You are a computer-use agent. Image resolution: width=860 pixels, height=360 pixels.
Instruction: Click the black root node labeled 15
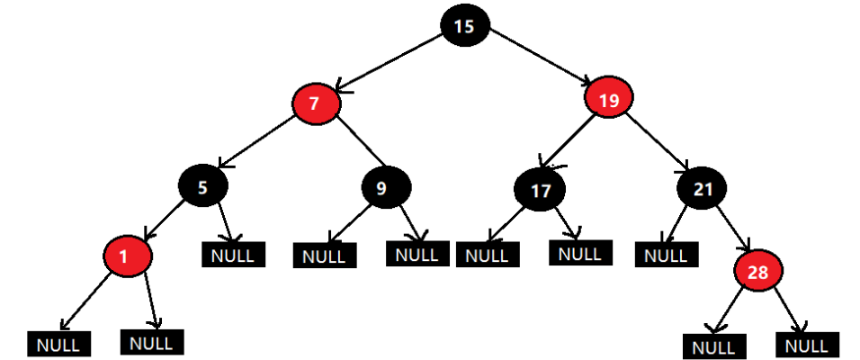point(464,26)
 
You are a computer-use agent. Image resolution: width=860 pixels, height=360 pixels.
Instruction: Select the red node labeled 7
point(315,103)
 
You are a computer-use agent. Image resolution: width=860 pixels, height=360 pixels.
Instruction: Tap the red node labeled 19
point(609,101)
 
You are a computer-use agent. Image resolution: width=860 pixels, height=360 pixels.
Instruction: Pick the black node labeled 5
point(202,187)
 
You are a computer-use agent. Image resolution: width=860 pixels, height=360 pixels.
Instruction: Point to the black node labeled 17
point(540,191)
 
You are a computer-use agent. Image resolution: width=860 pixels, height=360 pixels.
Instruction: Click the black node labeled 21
point(703,188)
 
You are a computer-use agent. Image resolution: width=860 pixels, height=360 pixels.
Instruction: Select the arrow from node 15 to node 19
point(538,59)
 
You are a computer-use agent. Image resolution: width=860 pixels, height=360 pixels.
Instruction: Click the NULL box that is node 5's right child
point(233,255)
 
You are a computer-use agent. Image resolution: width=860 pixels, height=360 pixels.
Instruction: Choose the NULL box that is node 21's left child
point(667,255)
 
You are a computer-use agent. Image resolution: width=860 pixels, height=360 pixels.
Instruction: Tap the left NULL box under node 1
point(58,344)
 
